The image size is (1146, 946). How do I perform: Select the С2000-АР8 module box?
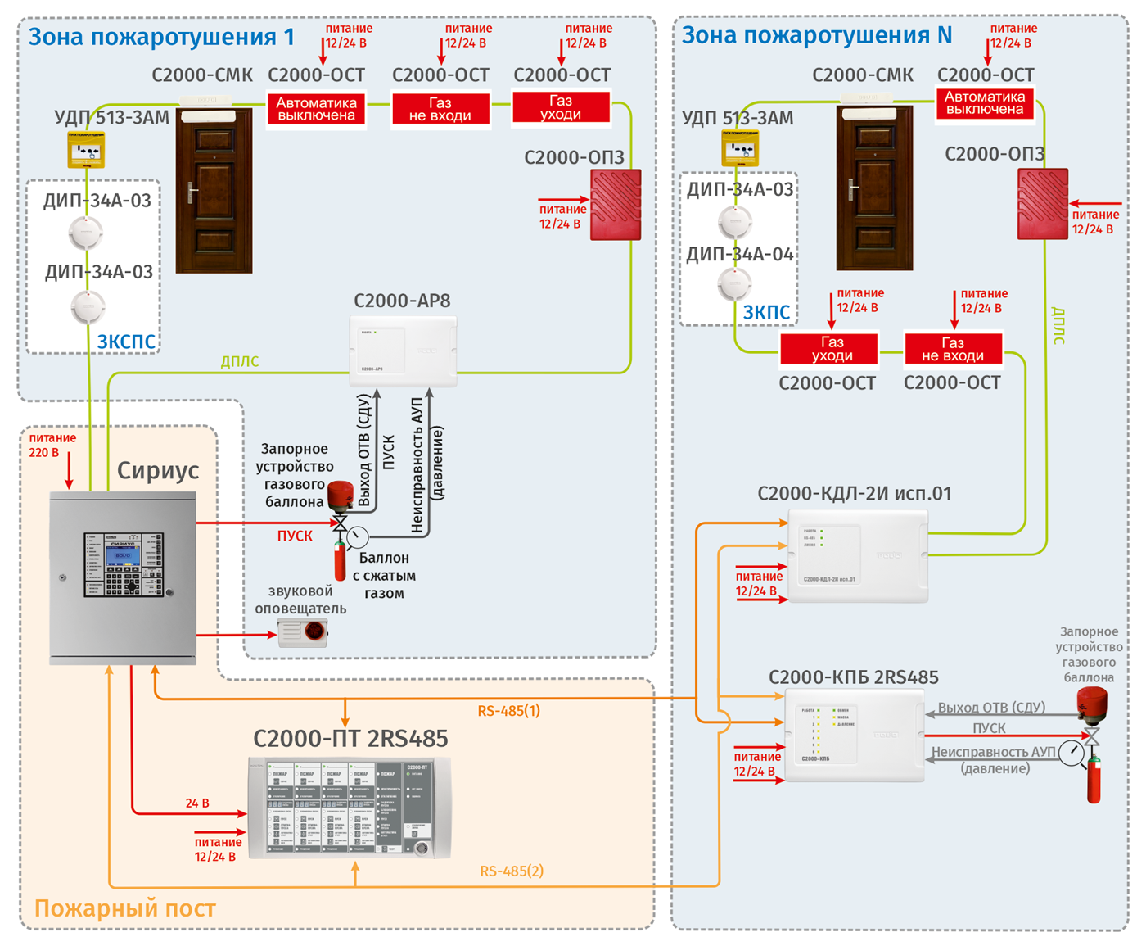coord(403,351)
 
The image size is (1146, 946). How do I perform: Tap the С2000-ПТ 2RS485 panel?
coord(350,808)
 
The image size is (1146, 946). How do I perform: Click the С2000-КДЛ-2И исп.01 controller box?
coord(857,556)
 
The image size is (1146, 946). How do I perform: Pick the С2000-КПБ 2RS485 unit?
coord(854,735)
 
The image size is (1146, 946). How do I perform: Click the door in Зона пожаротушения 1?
coord(214,190)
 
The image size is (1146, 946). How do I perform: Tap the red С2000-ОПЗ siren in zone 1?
coord(616,205)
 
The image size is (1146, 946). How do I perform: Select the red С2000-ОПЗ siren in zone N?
coord(1042,204)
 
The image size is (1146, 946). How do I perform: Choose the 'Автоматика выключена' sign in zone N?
coord(985,104)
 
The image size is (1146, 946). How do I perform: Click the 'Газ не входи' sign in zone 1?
coord(440,109)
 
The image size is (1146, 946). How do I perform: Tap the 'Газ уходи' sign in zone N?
coord(828,349)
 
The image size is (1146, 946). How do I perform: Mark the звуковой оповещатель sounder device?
coord(303,632)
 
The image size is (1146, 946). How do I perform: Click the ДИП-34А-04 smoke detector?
coord(734,284)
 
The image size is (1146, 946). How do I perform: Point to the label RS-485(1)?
coord(508,711)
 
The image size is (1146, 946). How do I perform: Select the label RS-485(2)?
coord(511,871)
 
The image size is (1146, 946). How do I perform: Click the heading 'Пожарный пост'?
coord(124,908)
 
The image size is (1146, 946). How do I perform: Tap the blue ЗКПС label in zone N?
coord(766,312)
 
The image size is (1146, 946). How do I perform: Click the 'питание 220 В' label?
coord(52,445)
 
